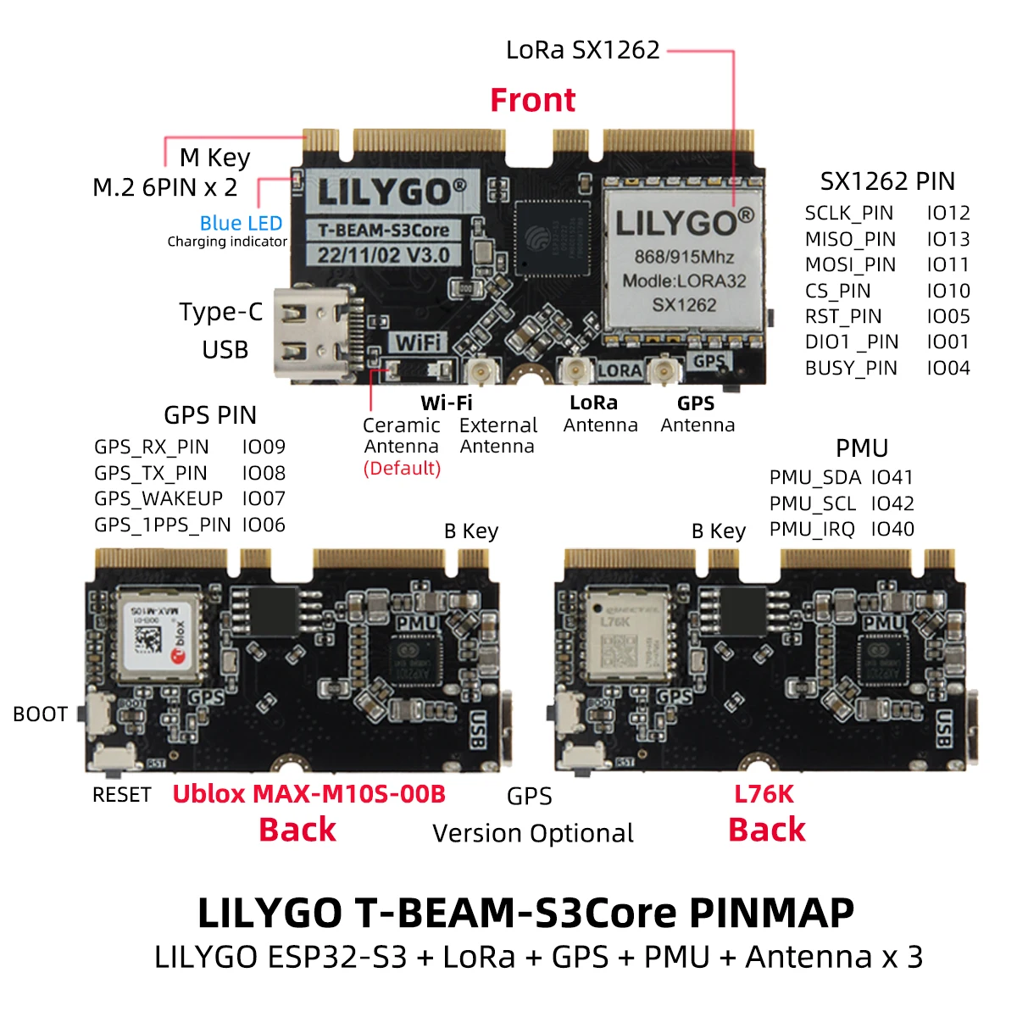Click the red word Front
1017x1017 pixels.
click(532, 100)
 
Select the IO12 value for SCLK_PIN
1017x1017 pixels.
click(948, 213)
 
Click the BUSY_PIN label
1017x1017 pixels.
click(851, 368)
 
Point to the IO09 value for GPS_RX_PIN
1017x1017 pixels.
click(264, 447)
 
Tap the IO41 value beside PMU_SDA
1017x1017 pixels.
click(892, 477)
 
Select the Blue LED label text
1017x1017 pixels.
click(241, 223)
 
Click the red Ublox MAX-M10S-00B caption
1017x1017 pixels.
click(308, 794)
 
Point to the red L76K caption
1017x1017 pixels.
click(764, 794)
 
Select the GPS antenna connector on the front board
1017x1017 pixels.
click(664, 370)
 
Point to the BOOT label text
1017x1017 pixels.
click(40, 714)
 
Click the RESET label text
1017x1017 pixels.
click(121, 795)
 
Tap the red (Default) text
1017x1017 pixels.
click(402, 469)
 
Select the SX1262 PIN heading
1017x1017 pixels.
click(886, 181)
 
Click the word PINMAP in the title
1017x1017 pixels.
click(771, 913)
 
